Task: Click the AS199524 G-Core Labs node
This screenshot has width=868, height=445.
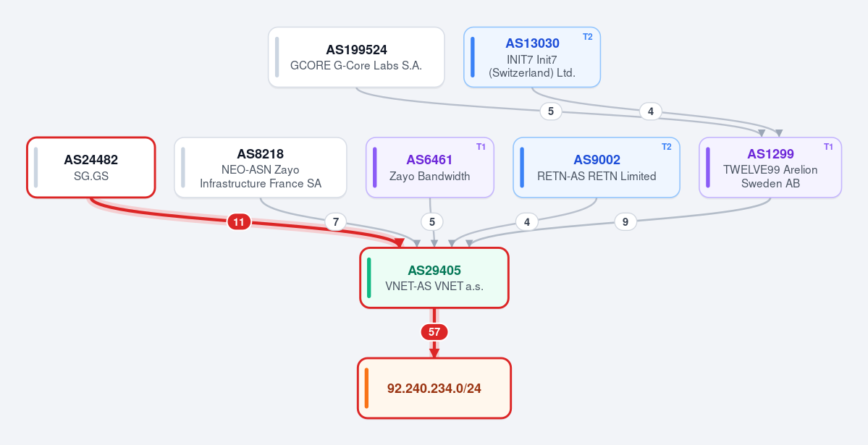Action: click(x=356, y=57)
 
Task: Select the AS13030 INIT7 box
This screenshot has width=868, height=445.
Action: click(x=532, y=57)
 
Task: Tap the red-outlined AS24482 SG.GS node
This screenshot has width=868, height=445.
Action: click(x=91, y=167)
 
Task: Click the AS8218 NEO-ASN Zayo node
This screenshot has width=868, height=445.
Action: click(x=260, y=167)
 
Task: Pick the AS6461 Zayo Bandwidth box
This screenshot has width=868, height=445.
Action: click(x=430, y=167)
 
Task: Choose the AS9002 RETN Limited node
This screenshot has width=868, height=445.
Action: click(x=597, y=167)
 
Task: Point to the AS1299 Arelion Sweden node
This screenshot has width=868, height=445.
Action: click(x=770, y=167)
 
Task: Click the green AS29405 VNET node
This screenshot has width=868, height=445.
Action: click(x=434, y=278)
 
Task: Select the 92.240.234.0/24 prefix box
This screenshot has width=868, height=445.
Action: click(x=434, y=388)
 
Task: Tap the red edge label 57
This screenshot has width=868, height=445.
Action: click(x=434, y=332)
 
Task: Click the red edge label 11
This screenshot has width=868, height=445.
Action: click(x=239, y=223)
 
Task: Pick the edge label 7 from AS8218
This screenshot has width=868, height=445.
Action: click(x=335, y=223)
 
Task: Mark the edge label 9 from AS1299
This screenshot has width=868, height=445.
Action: click(x=625, y=222)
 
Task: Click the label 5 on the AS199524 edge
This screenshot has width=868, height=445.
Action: click(x=551, y=111)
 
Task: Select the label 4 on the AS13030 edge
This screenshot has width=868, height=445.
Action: click(x=650, y=111)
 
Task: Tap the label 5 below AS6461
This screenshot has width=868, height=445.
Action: click(x=431, y=222)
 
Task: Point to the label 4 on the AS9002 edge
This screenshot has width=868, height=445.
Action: click(x=526, y=222)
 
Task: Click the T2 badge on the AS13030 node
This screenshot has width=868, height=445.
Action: click(x=587, y=37)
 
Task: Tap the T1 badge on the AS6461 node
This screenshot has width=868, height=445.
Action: click(x=481, y=147)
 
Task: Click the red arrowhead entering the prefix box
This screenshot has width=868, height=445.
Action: click(x=434, y=353)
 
